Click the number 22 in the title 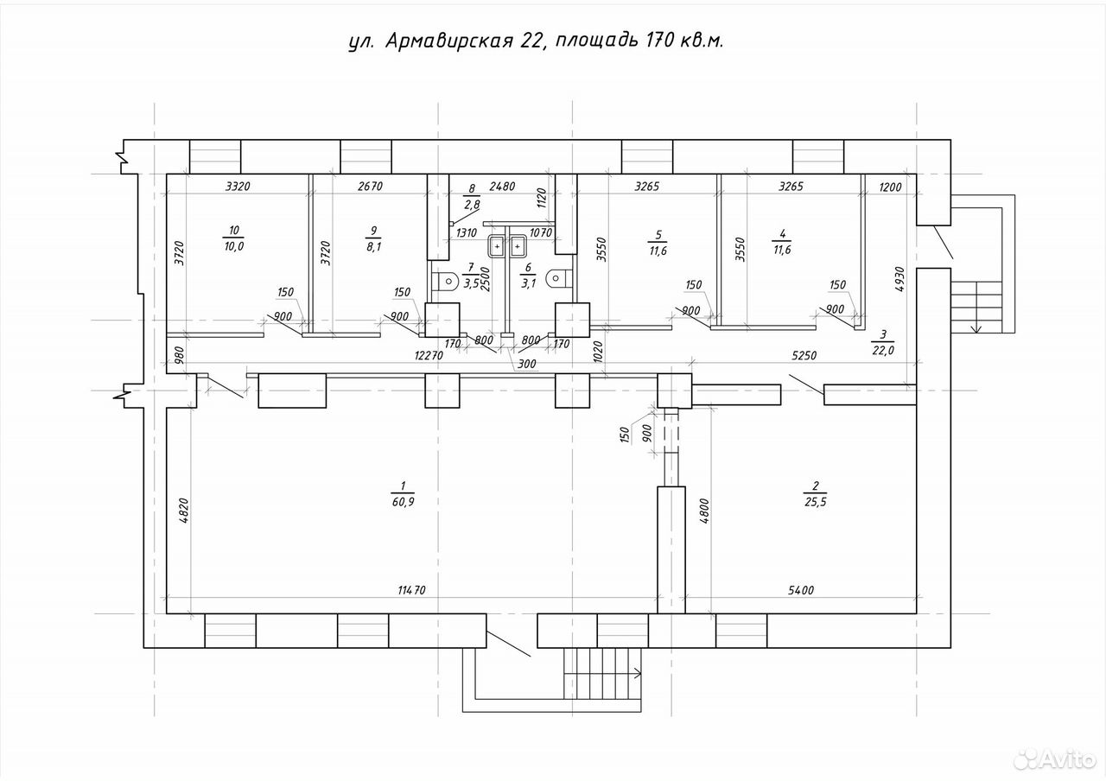coord(531,41)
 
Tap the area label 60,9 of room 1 coord(403,502)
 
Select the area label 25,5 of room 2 coord(815,502)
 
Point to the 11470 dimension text coord(412,590)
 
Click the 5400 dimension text coord(801,590)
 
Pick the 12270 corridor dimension coord(429,355)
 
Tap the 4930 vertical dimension coord(899,279)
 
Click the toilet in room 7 coord(445,282)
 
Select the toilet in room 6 coord(559,279)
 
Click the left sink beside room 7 coord(497,246)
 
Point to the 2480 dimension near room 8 coord(502,186)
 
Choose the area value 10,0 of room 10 coord(234,246)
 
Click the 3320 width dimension coord(238,186)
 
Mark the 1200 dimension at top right coord(891,187)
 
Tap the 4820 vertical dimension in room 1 coord(183,511)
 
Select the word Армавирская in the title coord(448,41)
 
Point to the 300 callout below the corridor coord(527,365)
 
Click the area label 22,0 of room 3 coord(883,350)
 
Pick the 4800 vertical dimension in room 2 coord(704,511)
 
